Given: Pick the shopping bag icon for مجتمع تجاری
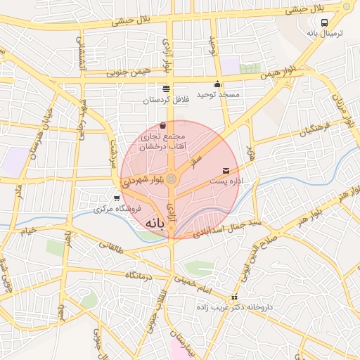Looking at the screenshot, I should tap(162, 125).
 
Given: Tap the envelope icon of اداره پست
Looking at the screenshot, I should tap(225, 170).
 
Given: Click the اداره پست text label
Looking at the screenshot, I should tap(226, 181).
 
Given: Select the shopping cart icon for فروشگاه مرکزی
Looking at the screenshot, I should tap(116, 198).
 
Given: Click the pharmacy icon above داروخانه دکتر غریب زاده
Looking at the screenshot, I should tap(234, 297).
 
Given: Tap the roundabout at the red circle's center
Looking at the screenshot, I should tap(172, 179).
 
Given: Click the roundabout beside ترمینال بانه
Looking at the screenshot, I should tap(346, 6).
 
